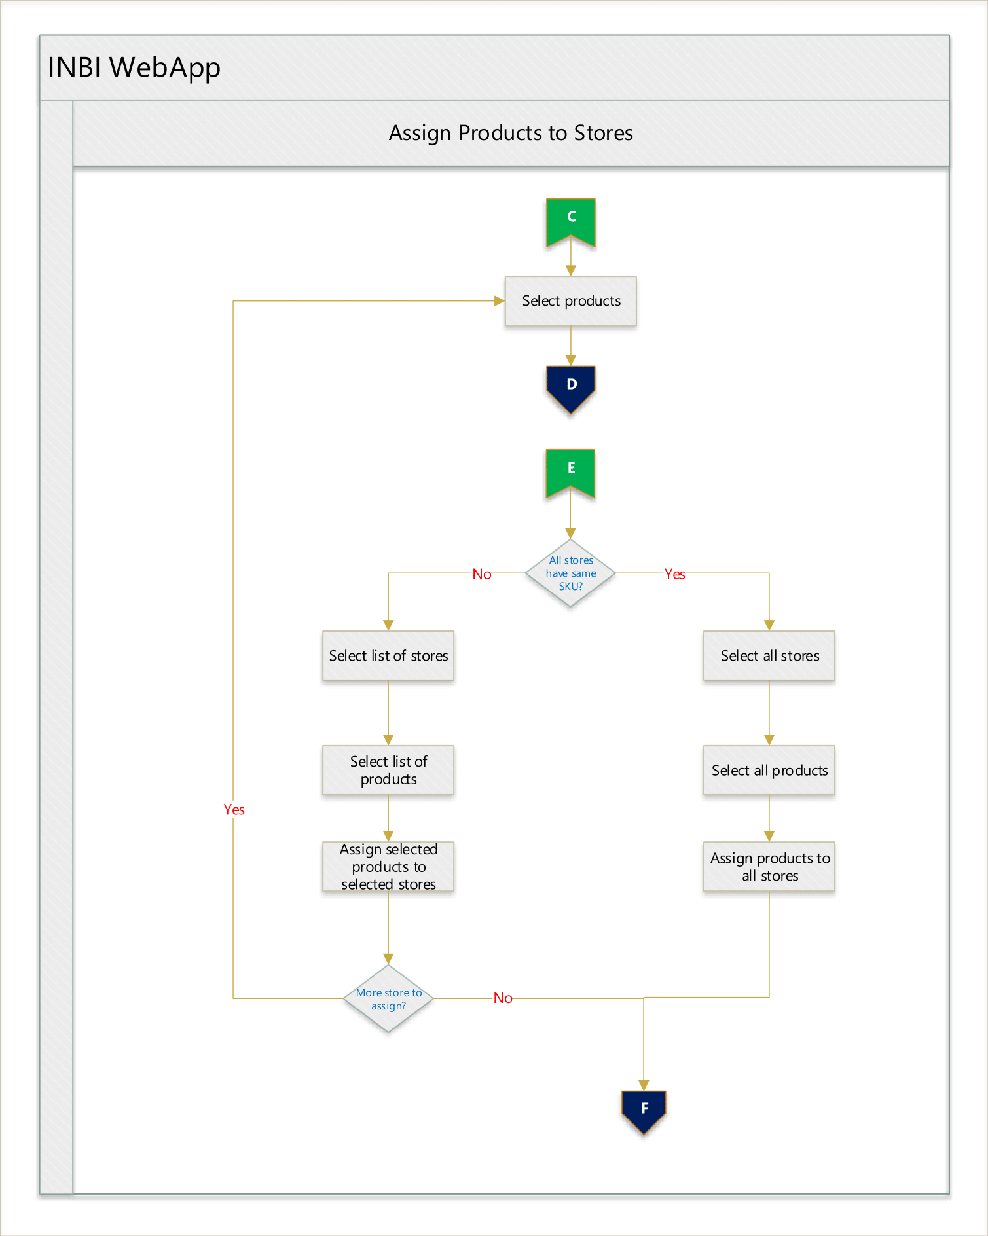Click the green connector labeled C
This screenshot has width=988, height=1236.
click(x=571, y=221)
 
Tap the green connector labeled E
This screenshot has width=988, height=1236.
click(x=571, y=473)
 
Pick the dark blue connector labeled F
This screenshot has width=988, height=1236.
click(x=644, y=1112)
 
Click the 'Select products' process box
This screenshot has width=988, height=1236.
click(x=571, y=301)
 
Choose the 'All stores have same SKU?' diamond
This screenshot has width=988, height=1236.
click(x=571, y=573)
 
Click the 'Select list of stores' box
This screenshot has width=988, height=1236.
click(x=388, y=655)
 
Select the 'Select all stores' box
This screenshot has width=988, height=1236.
click(x=769, y=655)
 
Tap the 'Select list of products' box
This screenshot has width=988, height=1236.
click(x=388, y=770)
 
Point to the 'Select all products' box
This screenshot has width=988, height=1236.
click(x=769, y=770)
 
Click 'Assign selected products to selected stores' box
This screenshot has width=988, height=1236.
click(x=388, y=867)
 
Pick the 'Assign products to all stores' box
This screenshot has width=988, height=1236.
click(x=769, y=867)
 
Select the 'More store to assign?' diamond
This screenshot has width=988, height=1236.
click(x=388, y=998)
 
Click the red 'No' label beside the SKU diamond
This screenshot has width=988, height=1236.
click(x=482, y=574)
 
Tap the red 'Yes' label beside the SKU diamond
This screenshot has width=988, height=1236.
click(x=675, y=574)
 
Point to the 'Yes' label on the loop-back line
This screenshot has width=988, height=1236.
click(x=234, y=810)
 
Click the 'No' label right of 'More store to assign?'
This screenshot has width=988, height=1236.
click(x=503, y=998)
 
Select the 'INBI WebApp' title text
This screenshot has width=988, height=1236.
click(x=134, y=68)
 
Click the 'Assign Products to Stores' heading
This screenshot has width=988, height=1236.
click(x=511, y=134)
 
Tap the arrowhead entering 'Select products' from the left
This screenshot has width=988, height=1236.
click(x=500, y=301)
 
